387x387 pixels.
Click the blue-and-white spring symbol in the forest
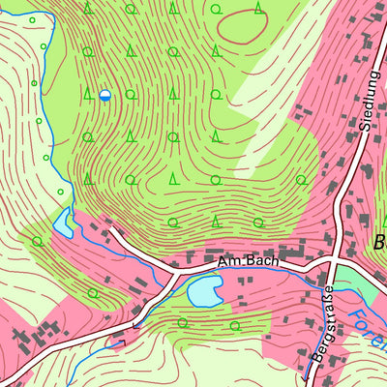[104, 95]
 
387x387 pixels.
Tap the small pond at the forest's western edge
[63, 224]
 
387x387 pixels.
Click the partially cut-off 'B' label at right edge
[379, 242]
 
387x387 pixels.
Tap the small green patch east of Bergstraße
[364, 286]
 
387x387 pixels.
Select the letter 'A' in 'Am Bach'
[222, 262]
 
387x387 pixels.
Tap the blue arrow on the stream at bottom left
[118, 342]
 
